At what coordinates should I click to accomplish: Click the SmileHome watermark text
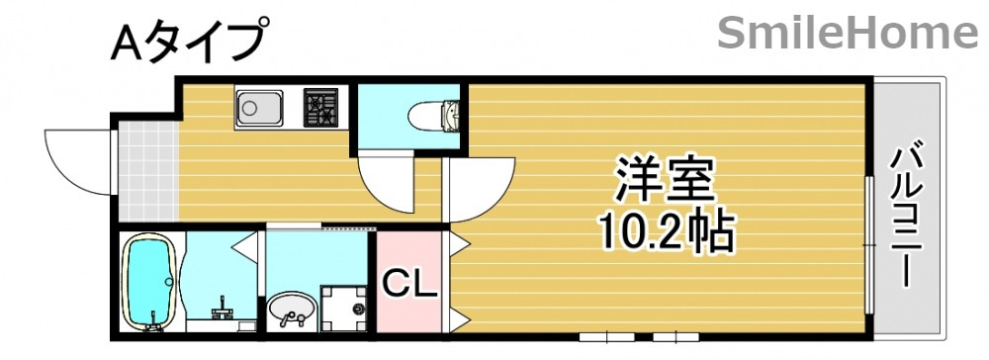[847, 34]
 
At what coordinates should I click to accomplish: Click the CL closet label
[409, 284]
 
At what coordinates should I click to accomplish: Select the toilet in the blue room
[444, 117]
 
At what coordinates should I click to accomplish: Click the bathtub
[148, 281]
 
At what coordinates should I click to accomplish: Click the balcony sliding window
[869, 237]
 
